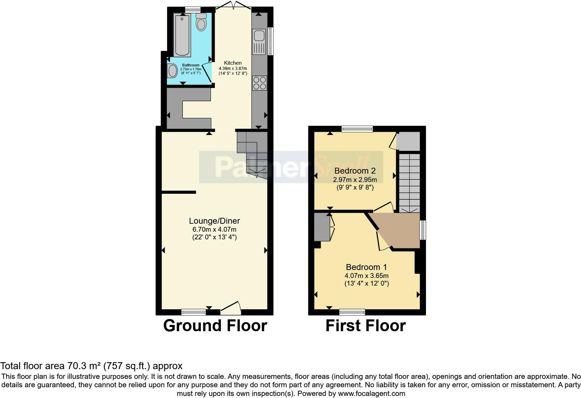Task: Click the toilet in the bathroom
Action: [201, 22]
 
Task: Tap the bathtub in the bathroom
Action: [182, 35]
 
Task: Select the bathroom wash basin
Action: [172, 71]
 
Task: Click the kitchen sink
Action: [259, 36]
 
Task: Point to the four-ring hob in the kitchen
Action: [260, 83]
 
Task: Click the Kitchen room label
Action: [232, 63]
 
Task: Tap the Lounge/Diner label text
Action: [214, 221]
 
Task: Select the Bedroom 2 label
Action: [355, 171]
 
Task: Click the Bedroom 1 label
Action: [366, 267]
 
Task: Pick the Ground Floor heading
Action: [215, 326]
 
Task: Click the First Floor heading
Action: [366, 326]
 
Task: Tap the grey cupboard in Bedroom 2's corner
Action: [408, 141]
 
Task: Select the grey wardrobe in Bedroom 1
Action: [321, 227]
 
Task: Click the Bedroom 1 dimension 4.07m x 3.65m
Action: [366, 276]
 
